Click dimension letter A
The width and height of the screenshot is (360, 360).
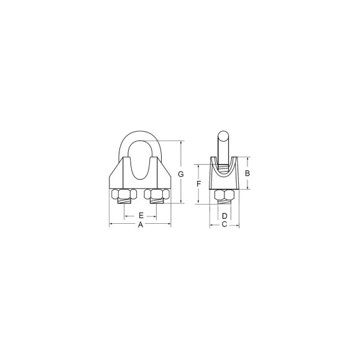141,225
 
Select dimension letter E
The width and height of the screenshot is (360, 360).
141,216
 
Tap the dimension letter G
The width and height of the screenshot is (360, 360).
181,175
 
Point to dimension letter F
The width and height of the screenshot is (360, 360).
199,183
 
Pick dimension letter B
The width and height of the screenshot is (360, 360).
247,173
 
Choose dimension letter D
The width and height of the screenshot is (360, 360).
224,216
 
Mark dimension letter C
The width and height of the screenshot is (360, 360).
224,224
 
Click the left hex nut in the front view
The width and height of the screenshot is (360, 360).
124,194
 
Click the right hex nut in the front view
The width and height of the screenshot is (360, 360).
157,194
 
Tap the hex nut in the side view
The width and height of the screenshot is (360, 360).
224,195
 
